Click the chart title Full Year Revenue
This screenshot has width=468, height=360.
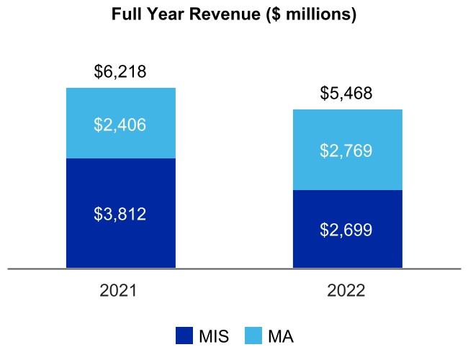pyautogui.click(x=234, y=15)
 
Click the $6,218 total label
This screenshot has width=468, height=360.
pyautogui.click(x=120, y=72)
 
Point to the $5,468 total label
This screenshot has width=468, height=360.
pyautogui.click(x=347, y=94)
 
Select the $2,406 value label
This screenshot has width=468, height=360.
pyautogui.click(x=120, y=125)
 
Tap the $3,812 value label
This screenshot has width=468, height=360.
pyautogui.click(x=120, y=214)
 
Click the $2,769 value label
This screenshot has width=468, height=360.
pyautogui.click(x=347, y=151)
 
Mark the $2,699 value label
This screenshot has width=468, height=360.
pyautogui.click(x=347, y=230)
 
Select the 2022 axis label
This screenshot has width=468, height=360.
pyautogui.click(x=347, y=291)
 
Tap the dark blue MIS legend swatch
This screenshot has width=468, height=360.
pyautogui.click(x=184, y=336)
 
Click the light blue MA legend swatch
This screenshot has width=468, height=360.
pyautogui.click(x=253, y=336)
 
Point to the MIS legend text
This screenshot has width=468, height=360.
pyautogui.click(x=215, y=336)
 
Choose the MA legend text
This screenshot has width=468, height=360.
pyautogui.click(x=281, y=336)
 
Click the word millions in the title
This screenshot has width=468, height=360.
pyautogui.click(x=320, y=15)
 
